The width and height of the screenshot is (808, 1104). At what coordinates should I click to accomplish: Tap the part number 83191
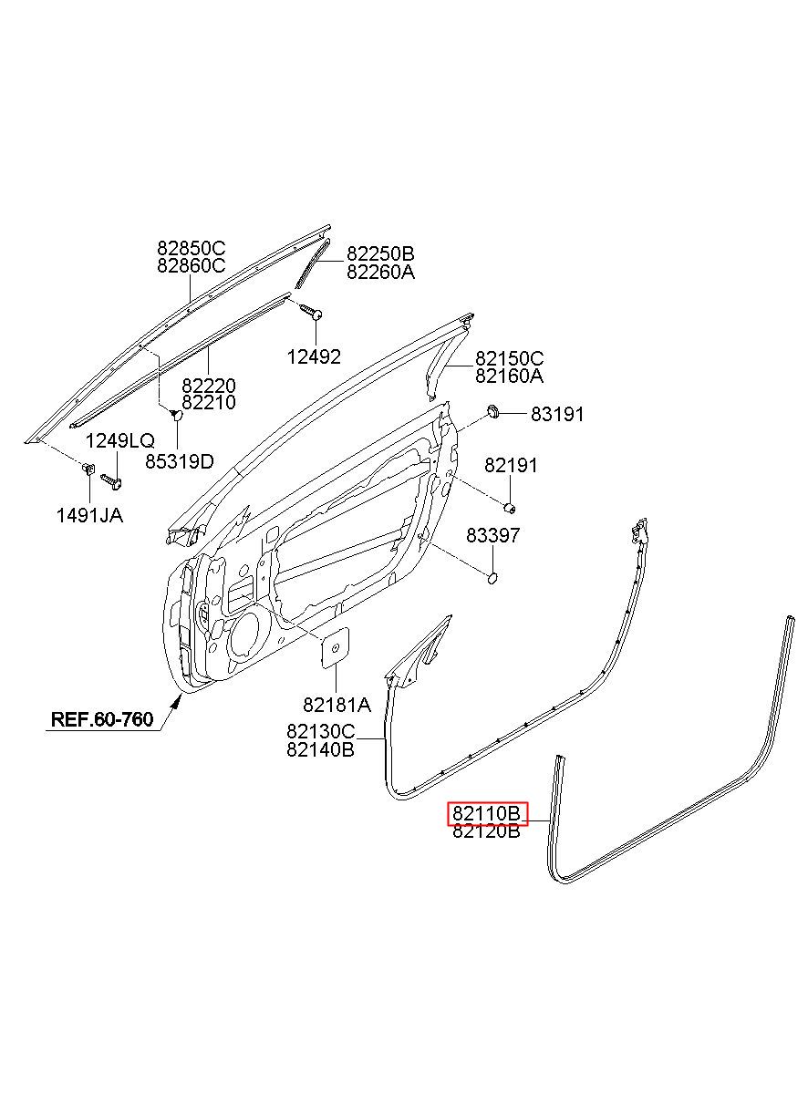click(x=557, y=415)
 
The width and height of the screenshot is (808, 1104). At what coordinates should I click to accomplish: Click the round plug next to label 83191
click(x=492, y=410)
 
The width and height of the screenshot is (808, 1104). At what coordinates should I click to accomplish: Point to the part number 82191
click(x=511, y=465)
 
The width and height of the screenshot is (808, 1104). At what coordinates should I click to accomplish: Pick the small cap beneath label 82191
click(x=510, y=507)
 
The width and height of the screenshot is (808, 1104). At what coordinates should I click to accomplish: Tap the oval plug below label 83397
click(x=492, y=578)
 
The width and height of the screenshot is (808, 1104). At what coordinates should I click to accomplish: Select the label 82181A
click(x=337, y=706)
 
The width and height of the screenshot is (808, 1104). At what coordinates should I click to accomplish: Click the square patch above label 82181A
click(x=336, y=648)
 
